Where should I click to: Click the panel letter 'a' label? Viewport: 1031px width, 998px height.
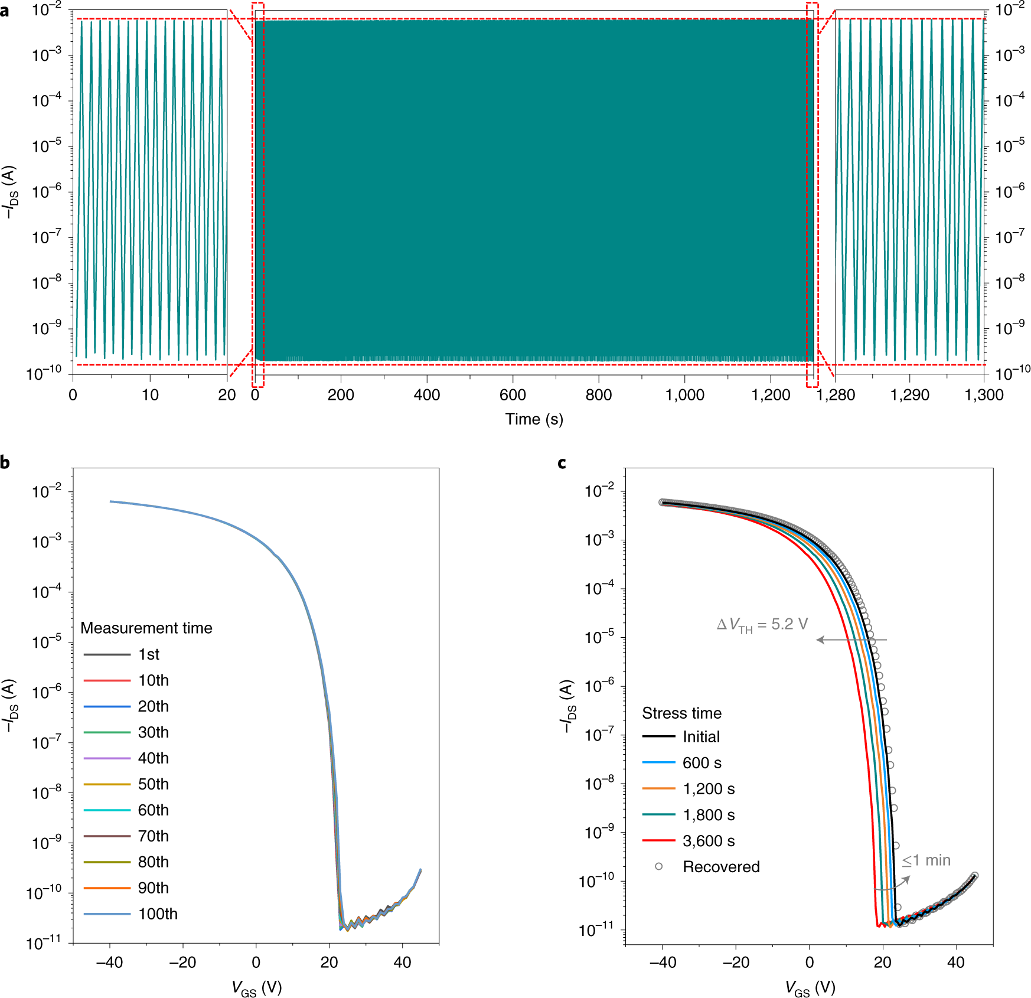(x=5, y=11)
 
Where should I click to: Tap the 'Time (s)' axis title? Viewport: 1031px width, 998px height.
(x=534, y=419)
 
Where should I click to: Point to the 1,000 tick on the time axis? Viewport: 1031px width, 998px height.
(x=684, y=395)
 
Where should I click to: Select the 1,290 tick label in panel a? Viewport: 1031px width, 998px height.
(x=909, y=395)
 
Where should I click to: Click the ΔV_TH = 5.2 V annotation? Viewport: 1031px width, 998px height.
(x=762, y=625)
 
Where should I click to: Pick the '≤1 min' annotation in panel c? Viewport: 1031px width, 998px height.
(x=926, y=860)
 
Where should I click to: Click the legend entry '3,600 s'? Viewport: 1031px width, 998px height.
(x=709, y=841)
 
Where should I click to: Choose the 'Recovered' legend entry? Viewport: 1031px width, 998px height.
(x=721, y=867)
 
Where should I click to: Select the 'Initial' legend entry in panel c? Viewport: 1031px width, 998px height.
(x=701, y=737)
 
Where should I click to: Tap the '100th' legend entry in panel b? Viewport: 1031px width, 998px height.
(x=158, y=914)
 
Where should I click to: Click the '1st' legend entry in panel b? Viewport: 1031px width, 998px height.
(x=149, y=654)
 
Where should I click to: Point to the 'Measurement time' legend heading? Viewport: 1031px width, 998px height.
(x=146, y=628)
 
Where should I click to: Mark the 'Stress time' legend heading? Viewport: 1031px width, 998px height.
(x=681, y=713)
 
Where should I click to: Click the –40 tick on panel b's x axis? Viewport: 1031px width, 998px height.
(x=109, y=963)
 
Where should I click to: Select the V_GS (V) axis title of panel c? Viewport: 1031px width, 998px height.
(x=810, y=987)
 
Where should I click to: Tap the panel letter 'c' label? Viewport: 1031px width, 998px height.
(x=562, y=463)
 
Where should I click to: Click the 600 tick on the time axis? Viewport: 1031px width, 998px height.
(x=513, y=395)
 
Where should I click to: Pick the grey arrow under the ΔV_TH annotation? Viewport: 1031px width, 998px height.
(x=851, y=640)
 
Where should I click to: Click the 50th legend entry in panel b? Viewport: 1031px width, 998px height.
(x=153, y=784)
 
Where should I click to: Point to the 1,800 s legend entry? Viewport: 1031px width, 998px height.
(x=709, y=815)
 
